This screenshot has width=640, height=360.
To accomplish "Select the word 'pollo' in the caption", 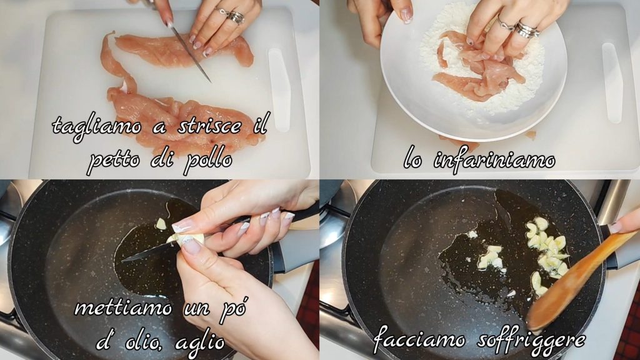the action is [208, 161].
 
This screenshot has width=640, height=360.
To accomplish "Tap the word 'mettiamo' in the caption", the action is [123, 307].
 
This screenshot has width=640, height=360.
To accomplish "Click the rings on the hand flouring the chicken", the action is [518, 27].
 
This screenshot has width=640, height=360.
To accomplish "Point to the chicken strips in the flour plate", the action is [478, 70].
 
